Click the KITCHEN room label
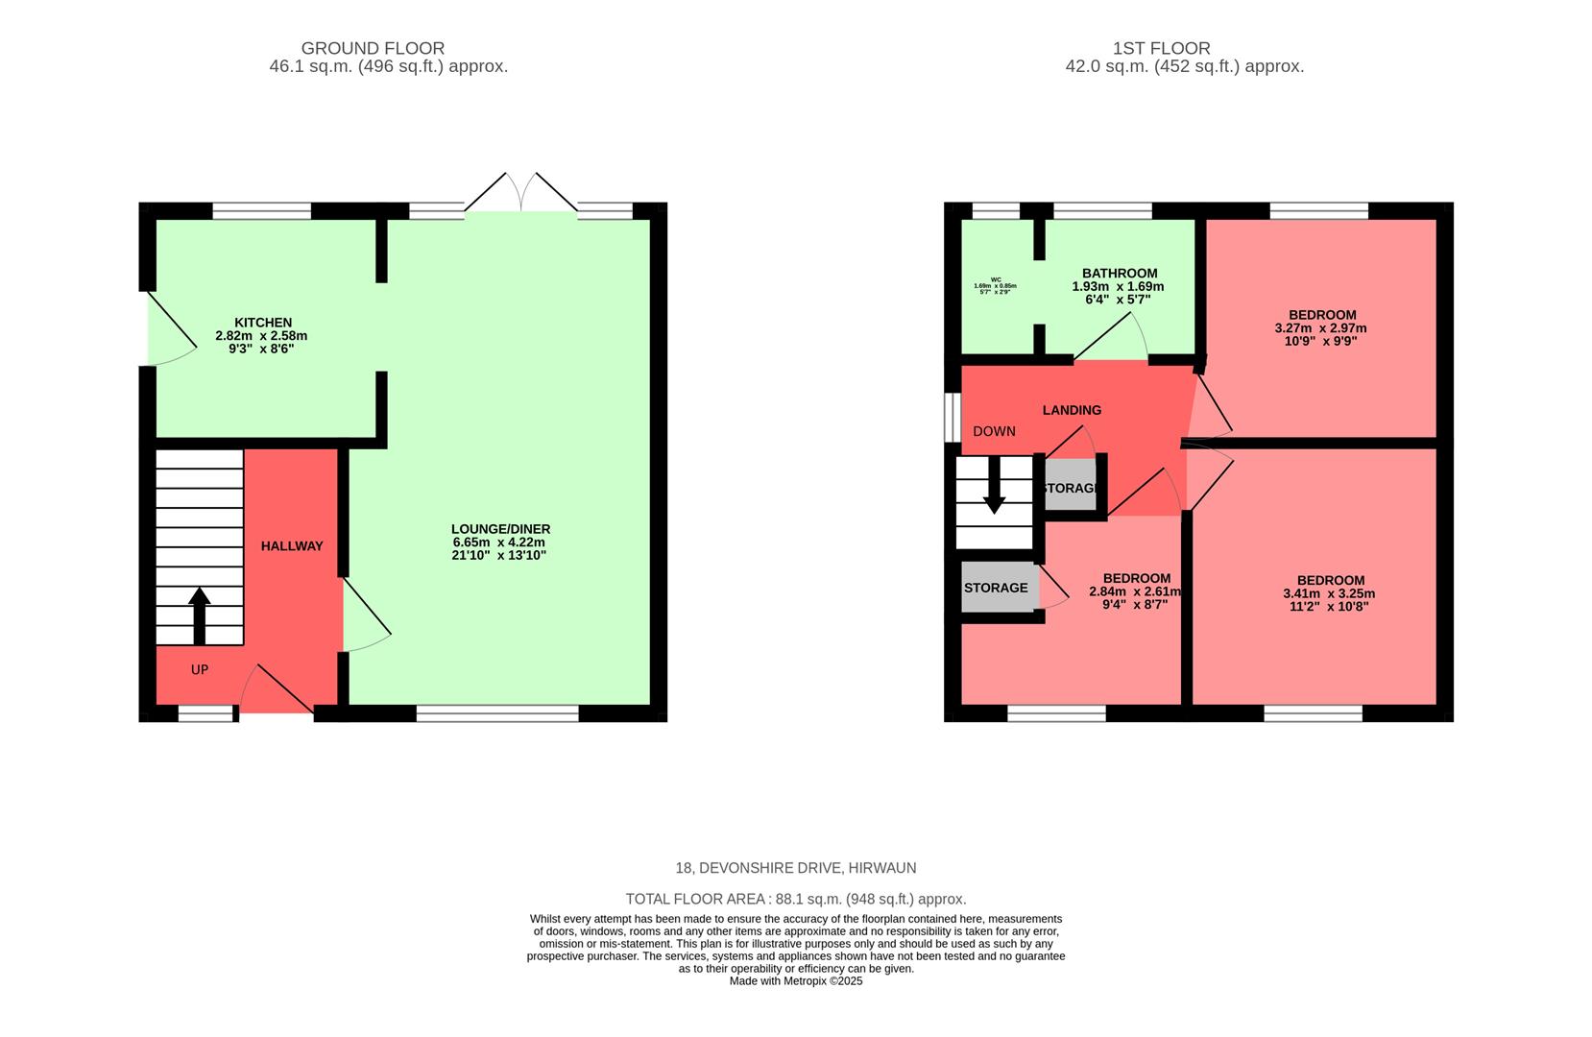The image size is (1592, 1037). tap(262, 323)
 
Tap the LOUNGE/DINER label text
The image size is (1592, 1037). tap(500, 529)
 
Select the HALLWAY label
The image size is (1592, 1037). tap(292, 546)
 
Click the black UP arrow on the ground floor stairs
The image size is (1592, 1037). tap(200, 615)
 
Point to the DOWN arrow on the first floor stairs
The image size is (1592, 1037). tap(994, 486)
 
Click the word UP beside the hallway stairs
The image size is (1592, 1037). tap(200, 670)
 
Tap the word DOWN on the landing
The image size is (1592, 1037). tap(994, 432)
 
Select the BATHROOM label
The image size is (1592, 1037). tap(1120, 274)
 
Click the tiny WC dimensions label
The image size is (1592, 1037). tap(995, 286)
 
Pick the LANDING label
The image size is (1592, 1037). tap(1072, 410)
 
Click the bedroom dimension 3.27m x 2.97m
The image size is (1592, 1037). tap(1320, 328)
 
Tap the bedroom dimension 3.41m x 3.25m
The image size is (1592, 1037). tap(1329, 594)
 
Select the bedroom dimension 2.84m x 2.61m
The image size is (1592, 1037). tap(1134, 592)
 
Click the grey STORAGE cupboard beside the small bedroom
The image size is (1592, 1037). tap(997, 588)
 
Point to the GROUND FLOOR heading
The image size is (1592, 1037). tap(373, 48)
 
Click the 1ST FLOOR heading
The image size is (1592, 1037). tap(1161, 48)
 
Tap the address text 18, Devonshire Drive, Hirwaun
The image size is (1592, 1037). tap(795, 868)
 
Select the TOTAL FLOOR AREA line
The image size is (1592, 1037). tap(795, 900)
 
